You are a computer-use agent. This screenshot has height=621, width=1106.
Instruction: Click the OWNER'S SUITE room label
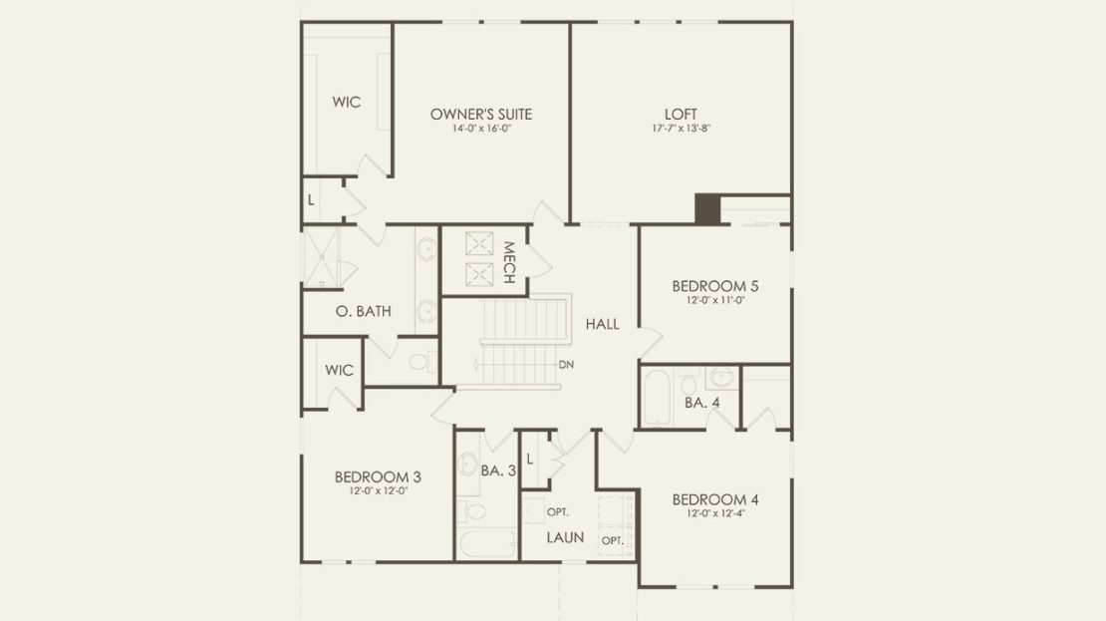click(x=481, y=114)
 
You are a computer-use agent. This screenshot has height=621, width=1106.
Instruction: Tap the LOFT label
click(x=681, y=114)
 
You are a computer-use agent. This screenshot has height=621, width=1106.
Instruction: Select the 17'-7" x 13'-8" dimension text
click(x=681, y=129)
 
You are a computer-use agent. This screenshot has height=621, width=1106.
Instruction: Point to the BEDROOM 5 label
click(x=715, y=286)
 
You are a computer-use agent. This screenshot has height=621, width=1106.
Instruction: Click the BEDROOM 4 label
click(x=715, y=499)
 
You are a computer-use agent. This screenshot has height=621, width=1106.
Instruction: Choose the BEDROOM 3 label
click(x=378, y=477)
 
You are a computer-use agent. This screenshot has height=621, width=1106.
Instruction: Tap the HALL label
click(x=603, y=324)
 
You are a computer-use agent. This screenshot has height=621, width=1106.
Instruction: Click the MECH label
click(x=509, y=262)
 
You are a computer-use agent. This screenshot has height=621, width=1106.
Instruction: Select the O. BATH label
click(x=364, y=311)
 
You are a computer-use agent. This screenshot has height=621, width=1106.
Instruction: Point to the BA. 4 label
click(x=701, y=403)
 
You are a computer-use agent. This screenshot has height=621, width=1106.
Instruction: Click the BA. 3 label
click(x=498, y=470)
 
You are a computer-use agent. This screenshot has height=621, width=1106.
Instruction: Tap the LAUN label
click(x=565, y=537)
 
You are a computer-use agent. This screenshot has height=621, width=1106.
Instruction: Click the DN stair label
click(x=566, y=365)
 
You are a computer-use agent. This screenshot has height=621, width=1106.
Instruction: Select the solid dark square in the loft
click(x=707, y=209)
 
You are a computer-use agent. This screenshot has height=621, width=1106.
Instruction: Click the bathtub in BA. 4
click(x=657, y=398)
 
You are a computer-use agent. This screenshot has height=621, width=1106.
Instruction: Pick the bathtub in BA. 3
click(x=487, y=543)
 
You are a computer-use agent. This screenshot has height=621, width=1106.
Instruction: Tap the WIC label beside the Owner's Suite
click(x=347, y=103)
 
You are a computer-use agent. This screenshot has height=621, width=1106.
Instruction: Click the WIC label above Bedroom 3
click(x=340, y=371)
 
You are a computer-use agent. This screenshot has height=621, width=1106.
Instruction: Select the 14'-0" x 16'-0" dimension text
click(x=481, y=129)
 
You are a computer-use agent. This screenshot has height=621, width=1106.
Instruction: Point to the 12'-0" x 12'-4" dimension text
click(x=715, y=513)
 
